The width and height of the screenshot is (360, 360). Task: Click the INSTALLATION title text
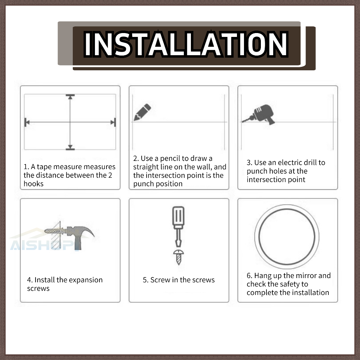pos(186,44)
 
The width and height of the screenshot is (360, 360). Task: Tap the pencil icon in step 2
pos(142,112)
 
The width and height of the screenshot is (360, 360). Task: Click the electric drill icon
pos(259,115)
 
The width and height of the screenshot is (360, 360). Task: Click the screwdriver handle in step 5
pos(178,216)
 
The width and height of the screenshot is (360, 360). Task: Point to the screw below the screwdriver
pos(179,257)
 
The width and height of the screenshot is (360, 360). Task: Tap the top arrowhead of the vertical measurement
pos(70,97)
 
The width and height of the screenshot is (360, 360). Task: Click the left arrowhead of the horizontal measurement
pos(27,122)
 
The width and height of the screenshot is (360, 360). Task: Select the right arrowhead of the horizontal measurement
pos(113,122)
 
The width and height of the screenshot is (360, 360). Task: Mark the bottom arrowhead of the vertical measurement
pos(70,147)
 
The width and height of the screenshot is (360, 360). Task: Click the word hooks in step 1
pos(33,184)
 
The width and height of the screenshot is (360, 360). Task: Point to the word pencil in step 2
pos(170,159)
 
